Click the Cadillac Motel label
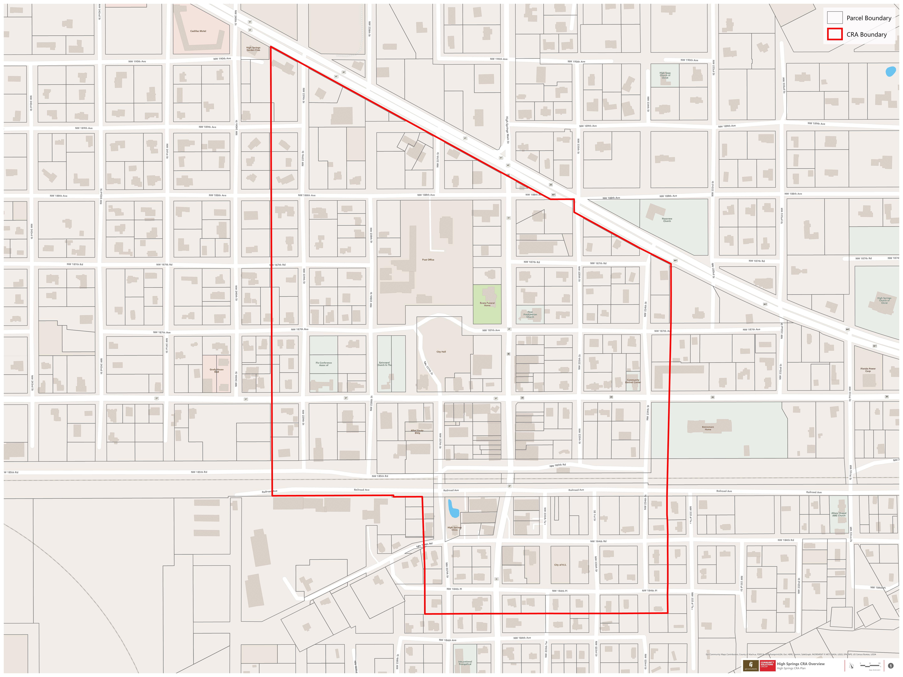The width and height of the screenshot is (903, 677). (x=198, y=31)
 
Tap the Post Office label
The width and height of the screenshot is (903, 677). (x=428, y=260)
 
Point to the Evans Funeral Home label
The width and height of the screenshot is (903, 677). (x=487, y=304)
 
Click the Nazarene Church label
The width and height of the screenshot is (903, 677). (x=667, y=220)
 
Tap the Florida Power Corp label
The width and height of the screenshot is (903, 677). (x=868, y=370)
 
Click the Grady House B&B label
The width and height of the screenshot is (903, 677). (x=216, y=370)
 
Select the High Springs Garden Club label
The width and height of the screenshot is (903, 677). (x=253, y=49)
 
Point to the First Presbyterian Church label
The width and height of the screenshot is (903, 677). (x=530, y=314)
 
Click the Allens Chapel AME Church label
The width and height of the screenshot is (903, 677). (x=839, y=514)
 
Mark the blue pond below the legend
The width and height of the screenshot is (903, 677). (x=891, y=71)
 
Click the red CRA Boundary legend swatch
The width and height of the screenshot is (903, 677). (x=834, y=34)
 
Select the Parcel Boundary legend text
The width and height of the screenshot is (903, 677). (x=869, y=18)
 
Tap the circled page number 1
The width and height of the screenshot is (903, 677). (x=890, y=666)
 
